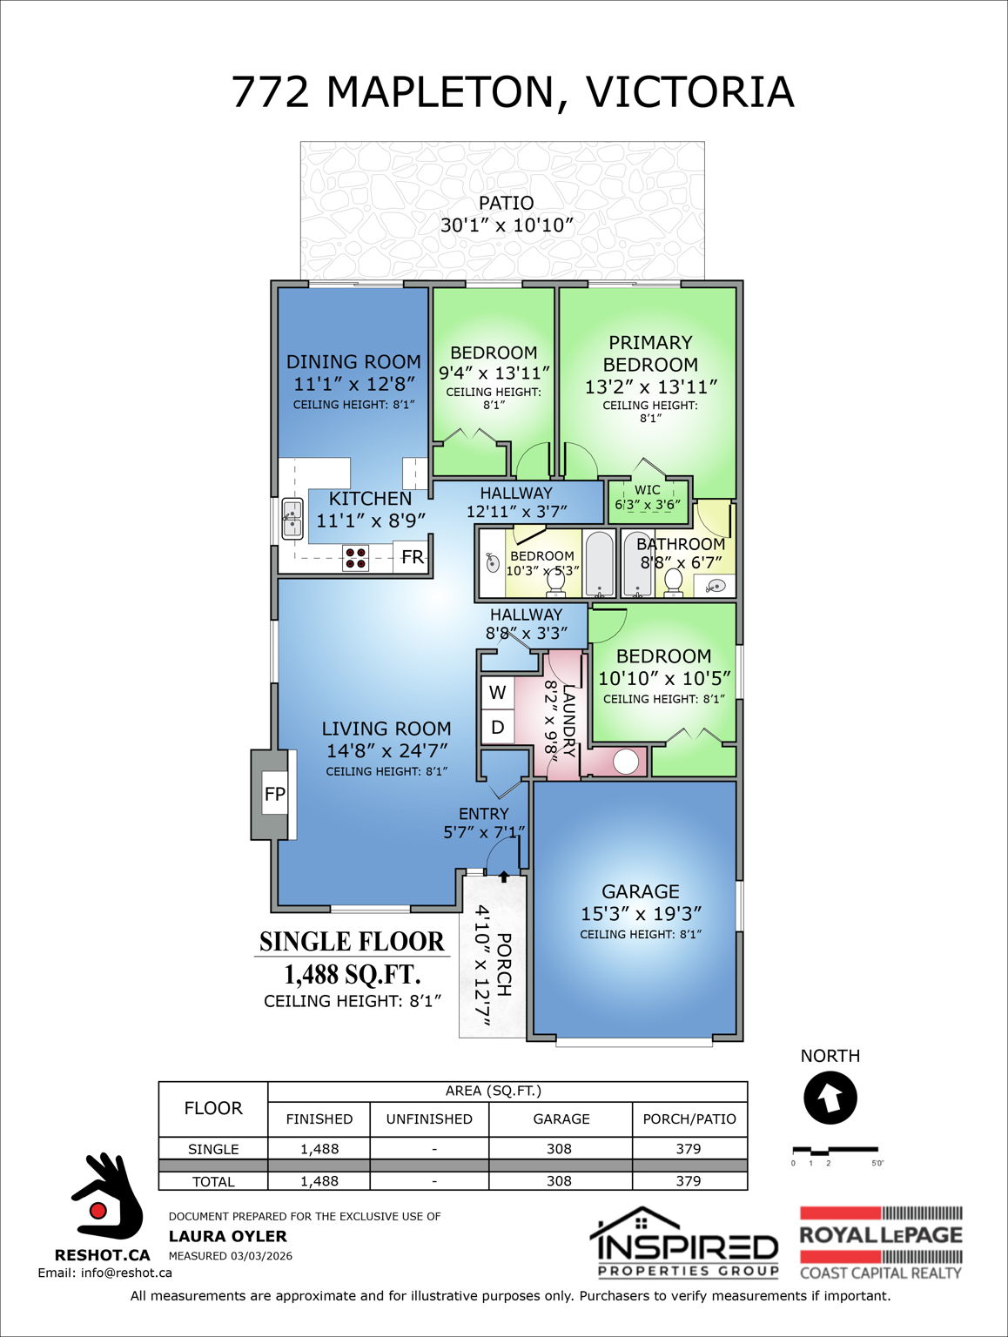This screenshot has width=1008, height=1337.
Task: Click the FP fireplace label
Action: coord(274,794)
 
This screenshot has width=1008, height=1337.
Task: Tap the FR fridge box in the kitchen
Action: coord(412,557)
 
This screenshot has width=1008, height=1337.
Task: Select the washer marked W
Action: coord(497,693)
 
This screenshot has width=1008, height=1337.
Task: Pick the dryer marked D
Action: coord(497,727)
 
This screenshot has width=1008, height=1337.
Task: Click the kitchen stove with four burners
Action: coord(355,558)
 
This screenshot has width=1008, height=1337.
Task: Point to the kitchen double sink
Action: coord(292,519)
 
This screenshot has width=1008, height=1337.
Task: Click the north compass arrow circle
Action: coord(830,1098)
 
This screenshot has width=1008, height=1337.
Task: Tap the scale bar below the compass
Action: coord(835,1152)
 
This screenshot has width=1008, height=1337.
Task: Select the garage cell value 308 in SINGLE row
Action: coord(559,1149)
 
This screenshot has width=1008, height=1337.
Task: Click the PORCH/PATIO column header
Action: coord(689,1119)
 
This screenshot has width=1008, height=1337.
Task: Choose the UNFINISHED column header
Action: coord(429,1119)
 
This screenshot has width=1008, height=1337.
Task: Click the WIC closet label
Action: coord(647,490)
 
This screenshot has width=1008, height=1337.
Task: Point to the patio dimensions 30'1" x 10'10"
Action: coord(507,225)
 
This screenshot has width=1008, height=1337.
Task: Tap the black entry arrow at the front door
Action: coord(503,877)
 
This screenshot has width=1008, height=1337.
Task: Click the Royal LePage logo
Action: coord(880,1243)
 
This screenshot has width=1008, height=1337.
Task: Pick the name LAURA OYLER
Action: coord(227,1236)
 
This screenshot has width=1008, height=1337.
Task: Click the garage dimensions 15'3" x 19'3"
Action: coord(641,914)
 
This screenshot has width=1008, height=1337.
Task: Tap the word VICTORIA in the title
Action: coord(689,92)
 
